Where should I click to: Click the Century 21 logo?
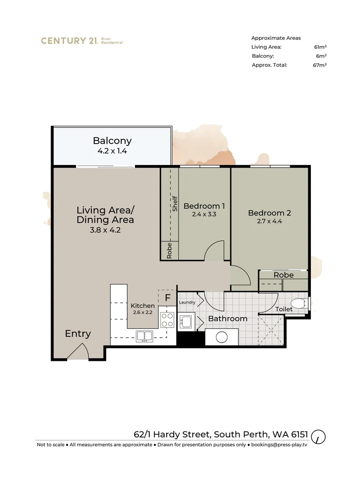tap(82, 41)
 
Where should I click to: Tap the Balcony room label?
tap(112, 140)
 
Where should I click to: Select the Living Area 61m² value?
tap(320, 47)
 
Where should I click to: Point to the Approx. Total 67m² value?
tap(320, 65)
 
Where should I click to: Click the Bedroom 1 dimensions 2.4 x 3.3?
tap(204, 214)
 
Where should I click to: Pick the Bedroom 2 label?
tap(269, 213)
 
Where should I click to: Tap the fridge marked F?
tap(168, 297)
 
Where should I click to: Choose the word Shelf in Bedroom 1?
tap(175, 204)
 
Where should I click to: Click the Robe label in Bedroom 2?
tap(283, 275)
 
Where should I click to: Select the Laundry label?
tap(187, 302)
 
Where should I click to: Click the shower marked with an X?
tap(271, 330)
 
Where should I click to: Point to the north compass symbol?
tap(319, 436)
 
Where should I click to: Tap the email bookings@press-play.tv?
tap(279, 445)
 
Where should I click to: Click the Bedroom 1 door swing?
tap(215, 251)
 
